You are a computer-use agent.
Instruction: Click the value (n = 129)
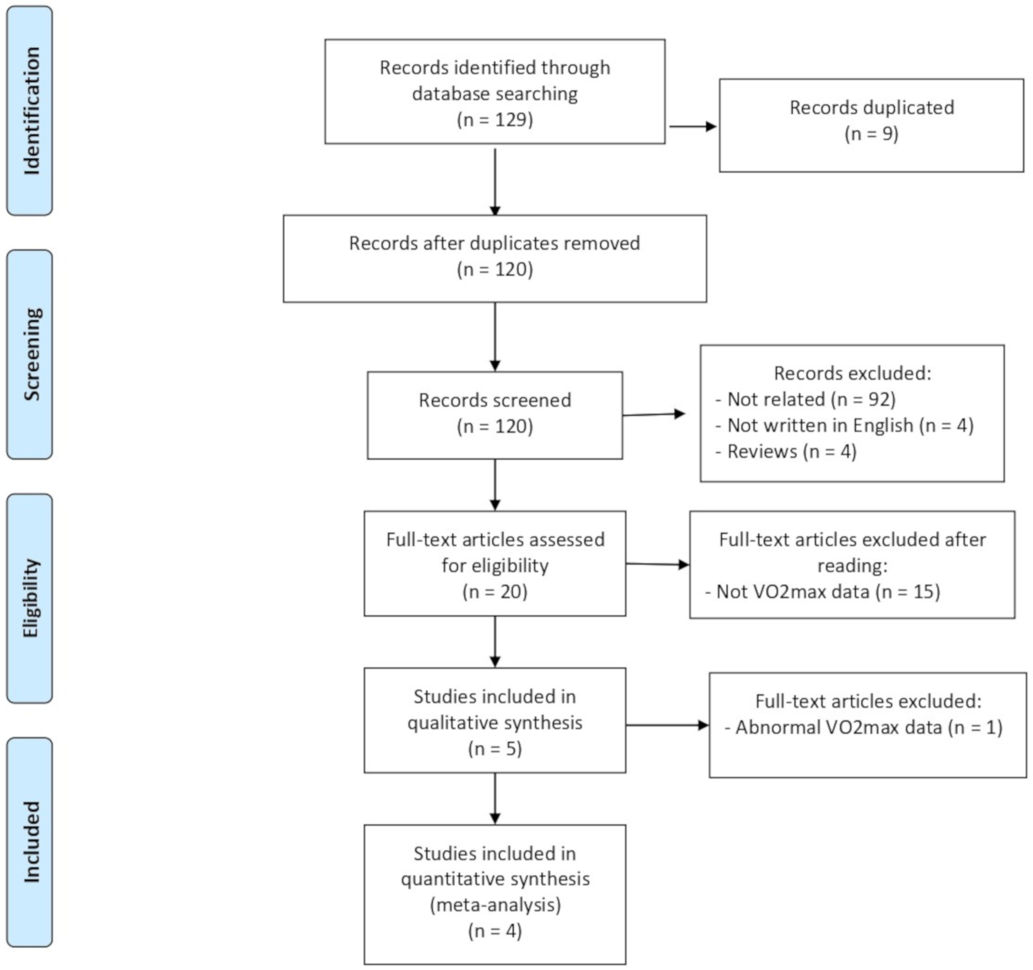click(x=495, y=120)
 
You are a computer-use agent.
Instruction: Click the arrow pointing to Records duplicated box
click(x=692, y=126)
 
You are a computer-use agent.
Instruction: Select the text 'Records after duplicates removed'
click(x=495, y=243)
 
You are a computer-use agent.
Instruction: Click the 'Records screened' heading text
click(x=495, y=400)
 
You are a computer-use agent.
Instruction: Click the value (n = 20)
click(x=495, y=592)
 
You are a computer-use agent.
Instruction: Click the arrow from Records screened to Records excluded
click(x=654, y=414)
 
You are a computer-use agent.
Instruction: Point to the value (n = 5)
click(x=495, y=748)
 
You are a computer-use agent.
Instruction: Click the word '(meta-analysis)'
click(x=495, y=905)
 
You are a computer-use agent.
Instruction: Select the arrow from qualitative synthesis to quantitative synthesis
click(x=495, y=798)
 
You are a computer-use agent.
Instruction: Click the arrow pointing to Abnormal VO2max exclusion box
click(x=667, y=725)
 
